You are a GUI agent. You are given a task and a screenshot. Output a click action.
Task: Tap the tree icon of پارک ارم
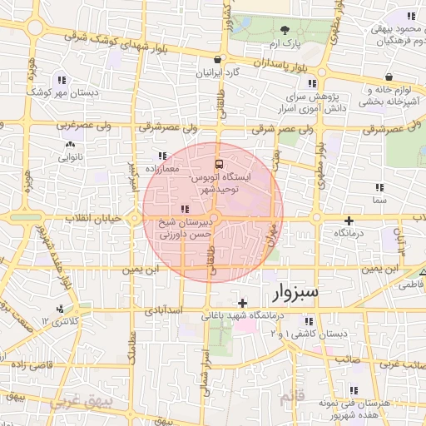click(x=285, y=30)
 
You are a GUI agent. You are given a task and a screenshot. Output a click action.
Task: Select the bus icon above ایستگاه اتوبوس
click(x=219, y=163)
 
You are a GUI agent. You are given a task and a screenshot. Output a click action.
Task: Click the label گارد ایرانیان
click(x=217, y=73)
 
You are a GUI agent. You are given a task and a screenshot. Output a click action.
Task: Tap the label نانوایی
click(x=70, y=156)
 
